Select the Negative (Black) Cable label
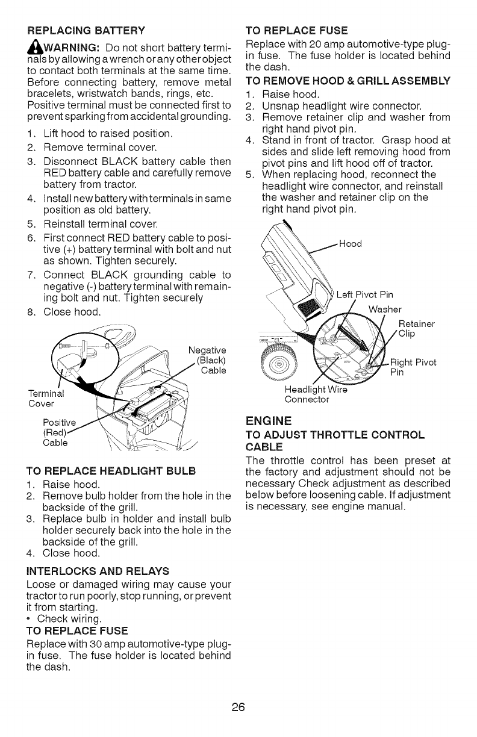click(207, 361)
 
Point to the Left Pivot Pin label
click(364, 295)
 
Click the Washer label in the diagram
click(384, 309)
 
